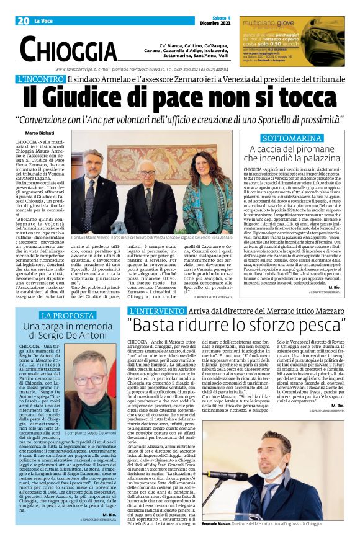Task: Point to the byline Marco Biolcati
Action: coord(38,133)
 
